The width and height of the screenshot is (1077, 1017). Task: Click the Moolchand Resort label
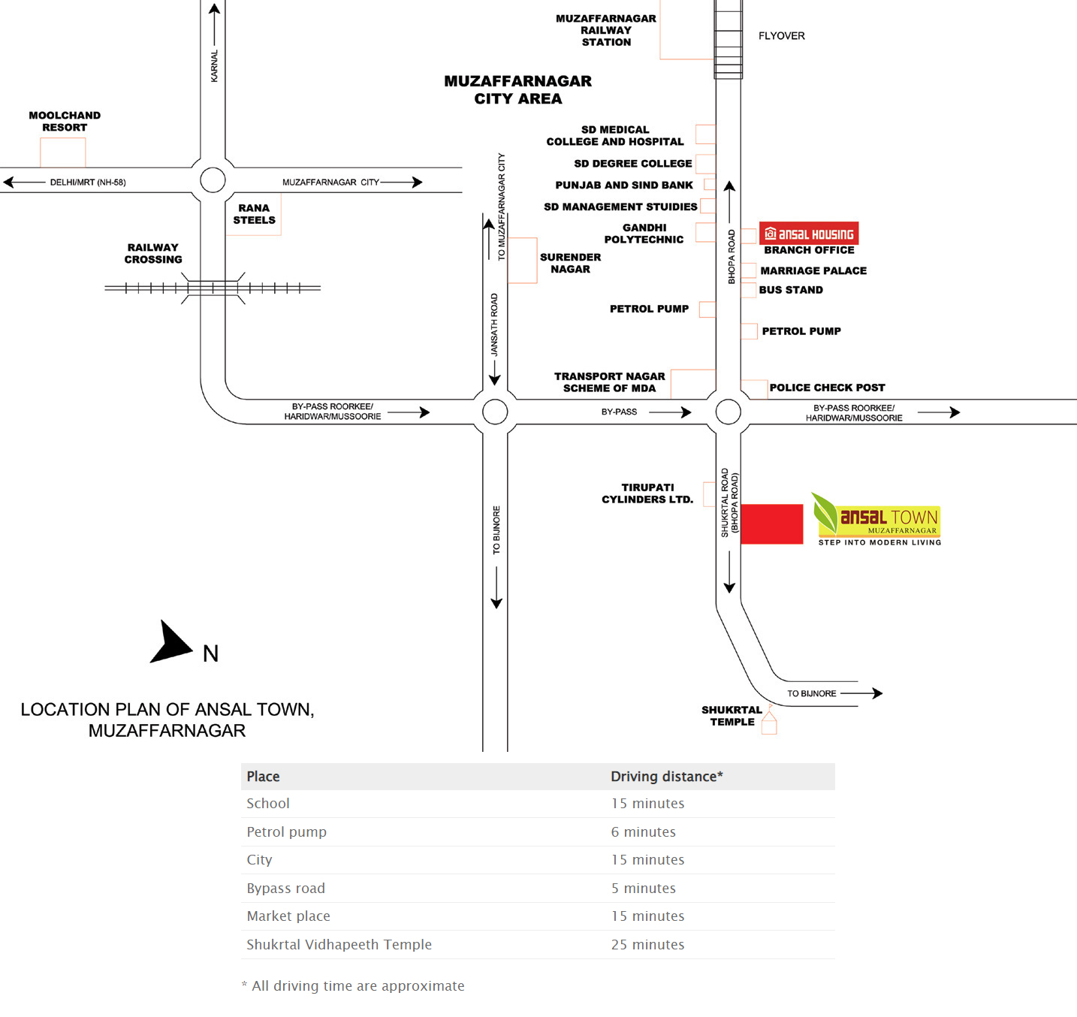(x=65, y=122)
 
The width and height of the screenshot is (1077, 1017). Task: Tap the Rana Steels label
(x=254, y=214)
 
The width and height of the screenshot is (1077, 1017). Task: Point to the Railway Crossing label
(x=153, y=253)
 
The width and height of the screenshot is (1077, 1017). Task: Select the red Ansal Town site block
(x=771, y=524)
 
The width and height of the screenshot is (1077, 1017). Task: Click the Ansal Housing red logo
(x=809, y=234)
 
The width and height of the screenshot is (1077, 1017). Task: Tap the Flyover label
(x=781, y=36)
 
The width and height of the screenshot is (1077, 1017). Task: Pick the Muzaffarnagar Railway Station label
(x=606, y=30)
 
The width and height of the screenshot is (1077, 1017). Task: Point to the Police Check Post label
(x=827, y=388)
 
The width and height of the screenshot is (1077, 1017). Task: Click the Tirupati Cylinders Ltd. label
(x=647, y=493)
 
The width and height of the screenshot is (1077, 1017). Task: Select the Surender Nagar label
(x=570, y=263)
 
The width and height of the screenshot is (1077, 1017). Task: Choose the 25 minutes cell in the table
(x=647, y=944)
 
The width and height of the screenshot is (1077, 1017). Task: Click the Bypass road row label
(x=286, y=888)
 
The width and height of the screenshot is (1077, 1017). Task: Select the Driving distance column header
(x=666, y=776)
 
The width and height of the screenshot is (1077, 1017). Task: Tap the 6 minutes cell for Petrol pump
(x=643, y=831)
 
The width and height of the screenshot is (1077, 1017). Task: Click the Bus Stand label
(x=791, y=290)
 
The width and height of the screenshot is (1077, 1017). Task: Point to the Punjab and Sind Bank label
(x=623, y=185)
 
